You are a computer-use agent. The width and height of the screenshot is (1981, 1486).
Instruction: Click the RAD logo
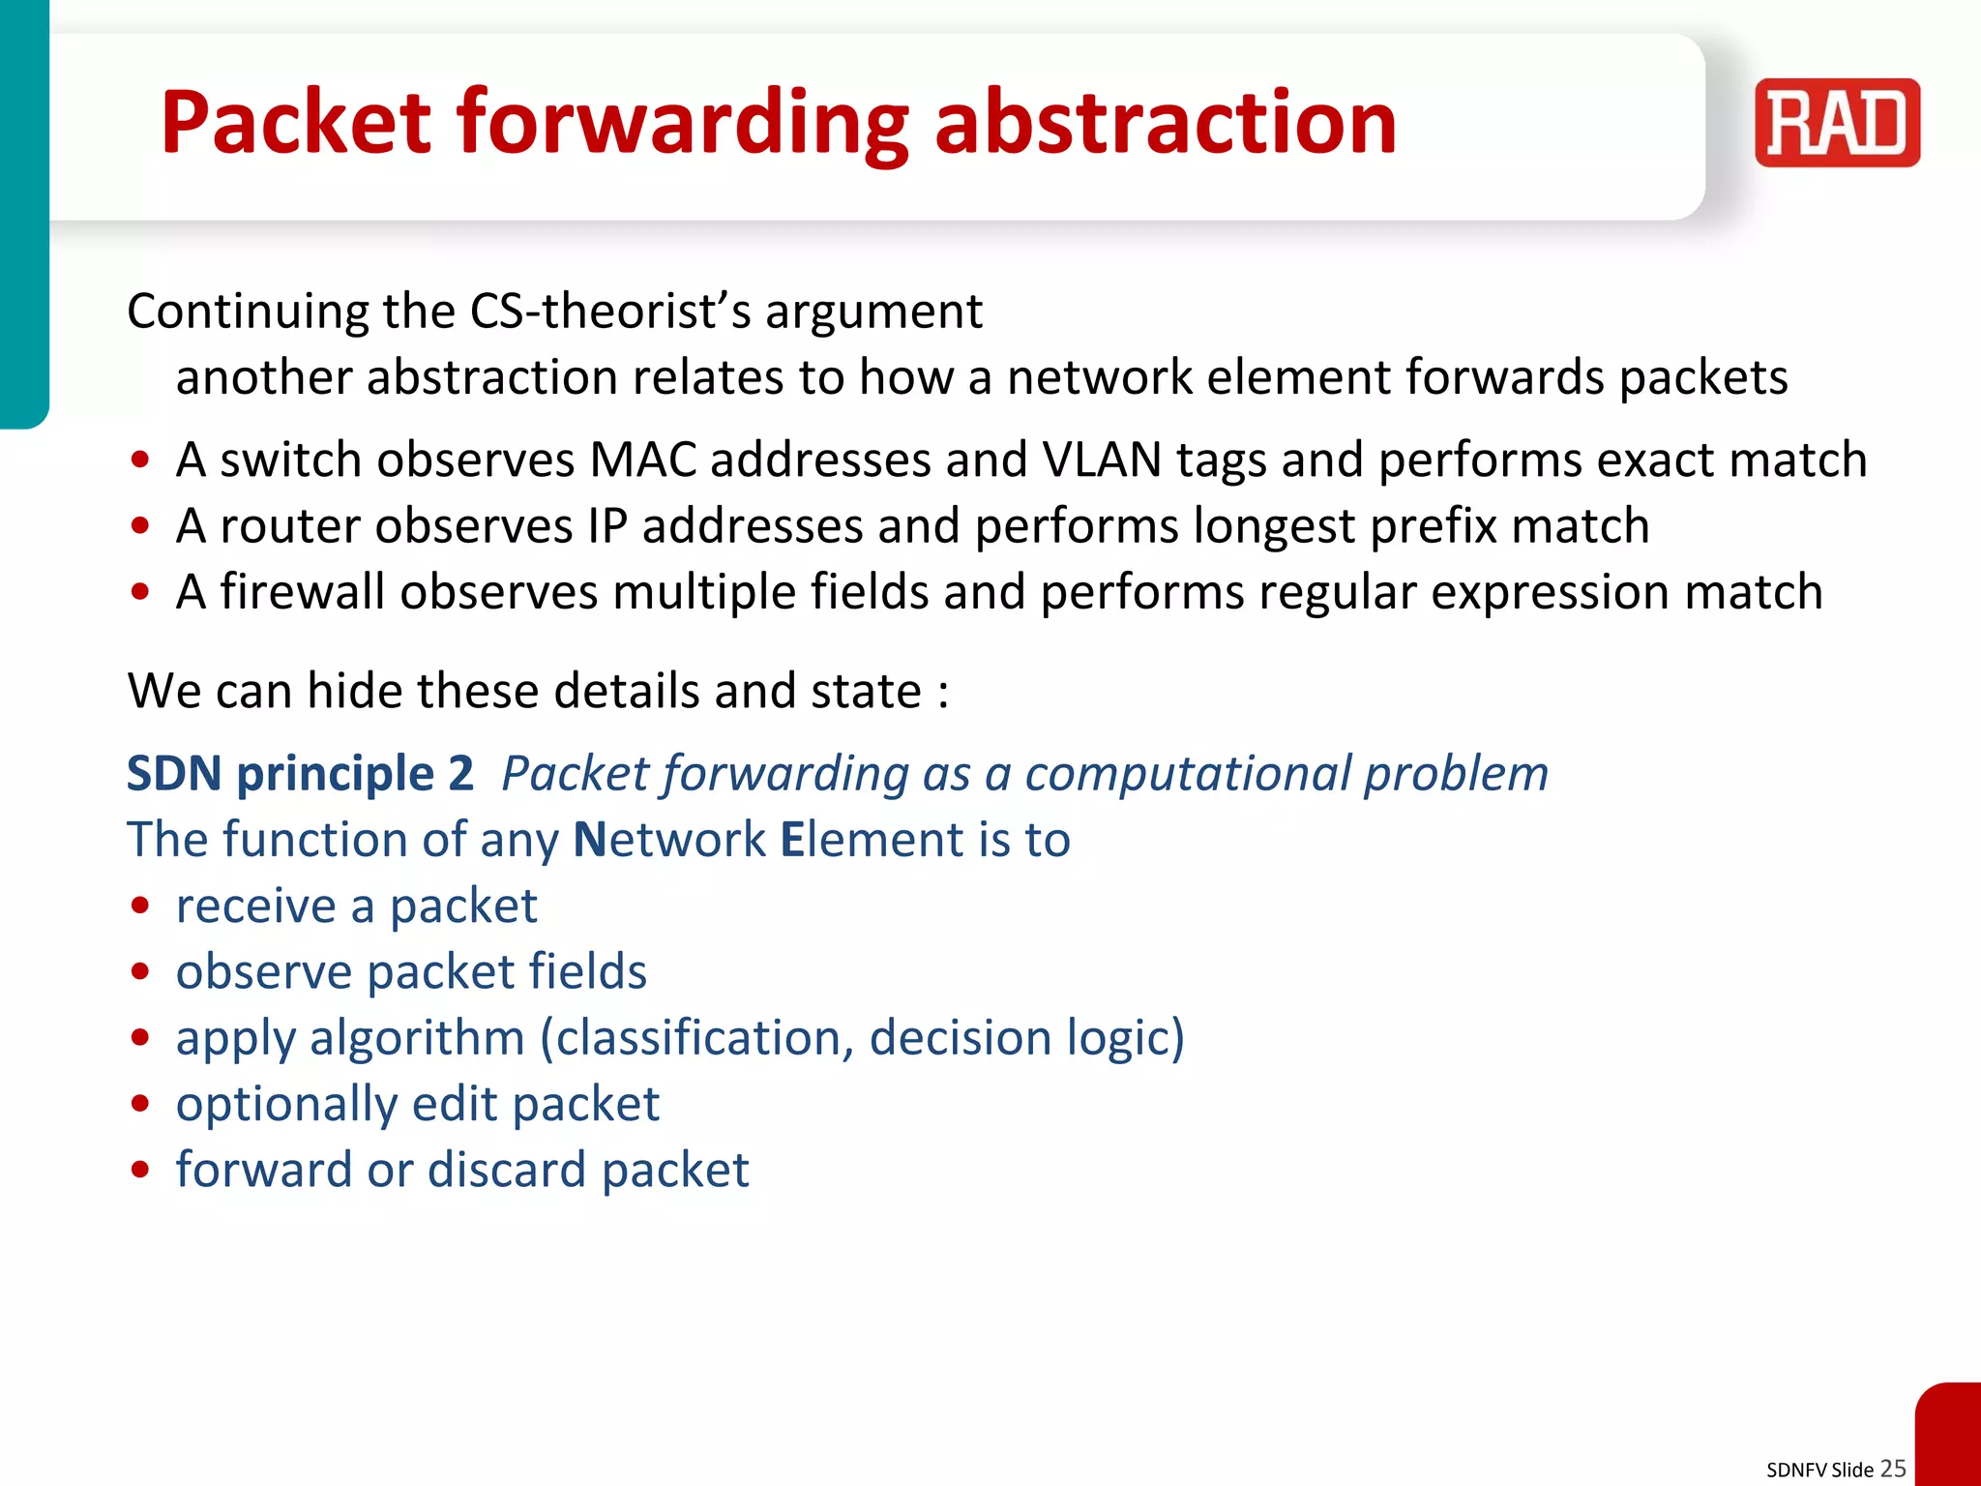pyautogui.click(x=1836, y=123)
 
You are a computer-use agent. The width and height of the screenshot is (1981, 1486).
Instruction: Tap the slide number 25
pyautogui.click(x=1893, y=1468)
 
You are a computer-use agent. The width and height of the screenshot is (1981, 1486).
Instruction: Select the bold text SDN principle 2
pyautogui.click(x=300, y=773)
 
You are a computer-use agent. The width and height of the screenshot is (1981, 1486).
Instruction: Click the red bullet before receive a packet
pyautogui.click(x=141, y=906)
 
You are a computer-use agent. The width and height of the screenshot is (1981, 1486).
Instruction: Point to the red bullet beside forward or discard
pyautogui.click(x=141, y=1170)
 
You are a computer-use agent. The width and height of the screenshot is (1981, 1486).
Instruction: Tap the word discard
pyautogui.click(x=506, y=1170)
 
